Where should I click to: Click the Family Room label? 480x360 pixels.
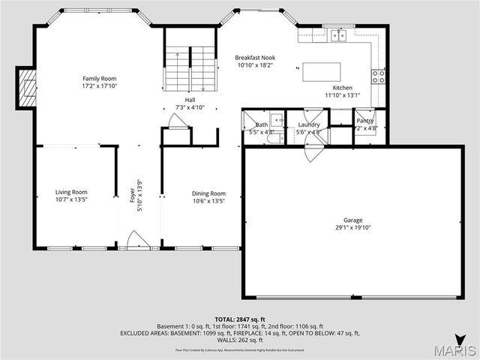(x=99, y=78)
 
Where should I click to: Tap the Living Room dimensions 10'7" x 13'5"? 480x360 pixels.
(x=71, y=200)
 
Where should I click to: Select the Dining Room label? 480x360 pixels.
(x=208, y=193)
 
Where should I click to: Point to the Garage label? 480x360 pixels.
(x=352, y=220)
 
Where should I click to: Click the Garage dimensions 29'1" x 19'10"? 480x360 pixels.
(x=352, y=227)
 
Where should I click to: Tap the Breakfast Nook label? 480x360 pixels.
(x=254, y=58)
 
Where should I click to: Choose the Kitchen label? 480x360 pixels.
(x=332, y=87)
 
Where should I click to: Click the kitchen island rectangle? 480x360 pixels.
(x=321, y=71)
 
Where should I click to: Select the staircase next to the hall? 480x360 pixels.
(x=190, y=68)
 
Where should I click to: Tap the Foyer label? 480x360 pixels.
(x=133, y=195)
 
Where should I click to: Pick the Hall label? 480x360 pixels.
(x=190, y=100)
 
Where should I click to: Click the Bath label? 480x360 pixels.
(x=261, y=124)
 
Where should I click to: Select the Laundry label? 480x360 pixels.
(x=308, y=124)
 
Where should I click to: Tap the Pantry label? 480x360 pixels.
(x=365, y=120)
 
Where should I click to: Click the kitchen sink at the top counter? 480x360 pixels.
(x=337, y=35)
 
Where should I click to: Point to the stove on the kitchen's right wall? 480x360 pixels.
(x=379, y=74)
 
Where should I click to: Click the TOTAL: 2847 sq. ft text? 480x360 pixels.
(x=239, y=319)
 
